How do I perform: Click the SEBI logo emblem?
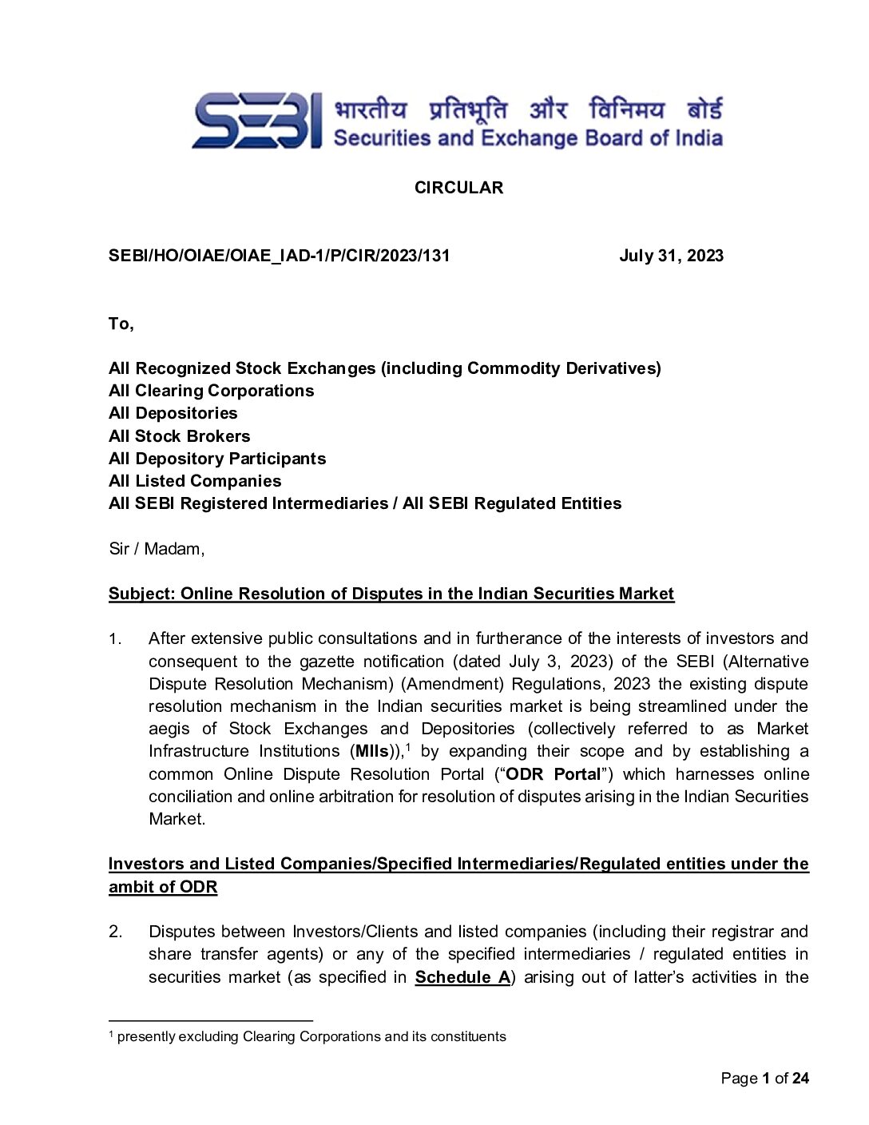tap(256, 121)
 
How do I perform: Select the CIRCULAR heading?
tap(458, 188)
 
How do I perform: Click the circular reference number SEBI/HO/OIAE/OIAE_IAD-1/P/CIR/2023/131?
tap(279, 256)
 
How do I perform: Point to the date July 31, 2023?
tap(671, 256)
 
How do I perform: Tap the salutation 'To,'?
tap(121, 324)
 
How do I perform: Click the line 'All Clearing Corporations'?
tap(211, 391)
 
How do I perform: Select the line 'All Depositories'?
tap(173, 413)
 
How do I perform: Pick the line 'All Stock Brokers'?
tap(179, 436)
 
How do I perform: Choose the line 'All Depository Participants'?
tap(217, 459)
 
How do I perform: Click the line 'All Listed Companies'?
tap(195, 481)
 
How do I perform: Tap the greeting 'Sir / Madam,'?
tap(157, 549)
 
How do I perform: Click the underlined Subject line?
tap(391, 594)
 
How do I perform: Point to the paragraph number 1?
tap(115, 639)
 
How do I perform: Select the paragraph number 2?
tap(116, 932)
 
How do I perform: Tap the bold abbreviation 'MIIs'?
tap(372, 752)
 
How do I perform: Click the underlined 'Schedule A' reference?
tap(462, 977)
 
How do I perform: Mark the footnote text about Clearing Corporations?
tap(311, 1037)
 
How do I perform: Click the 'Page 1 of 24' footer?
tap(764, 1079)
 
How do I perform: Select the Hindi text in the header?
tap(528, 109)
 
